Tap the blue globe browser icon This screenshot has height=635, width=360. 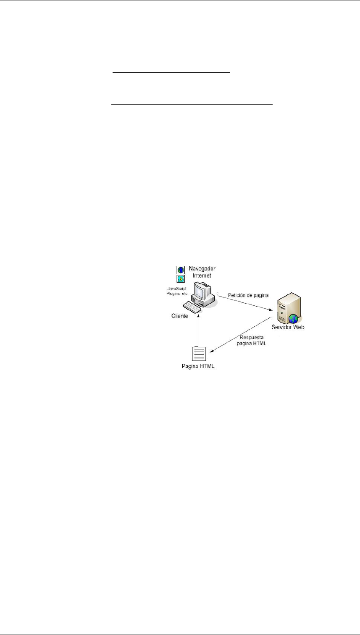(180, 270)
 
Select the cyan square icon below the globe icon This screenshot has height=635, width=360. (180, 278)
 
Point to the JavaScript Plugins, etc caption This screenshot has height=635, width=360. (176, 291)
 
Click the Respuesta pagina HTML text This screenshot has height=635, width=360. (255, 340)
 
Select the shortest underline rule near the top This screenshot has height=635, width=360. (171, 73)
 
